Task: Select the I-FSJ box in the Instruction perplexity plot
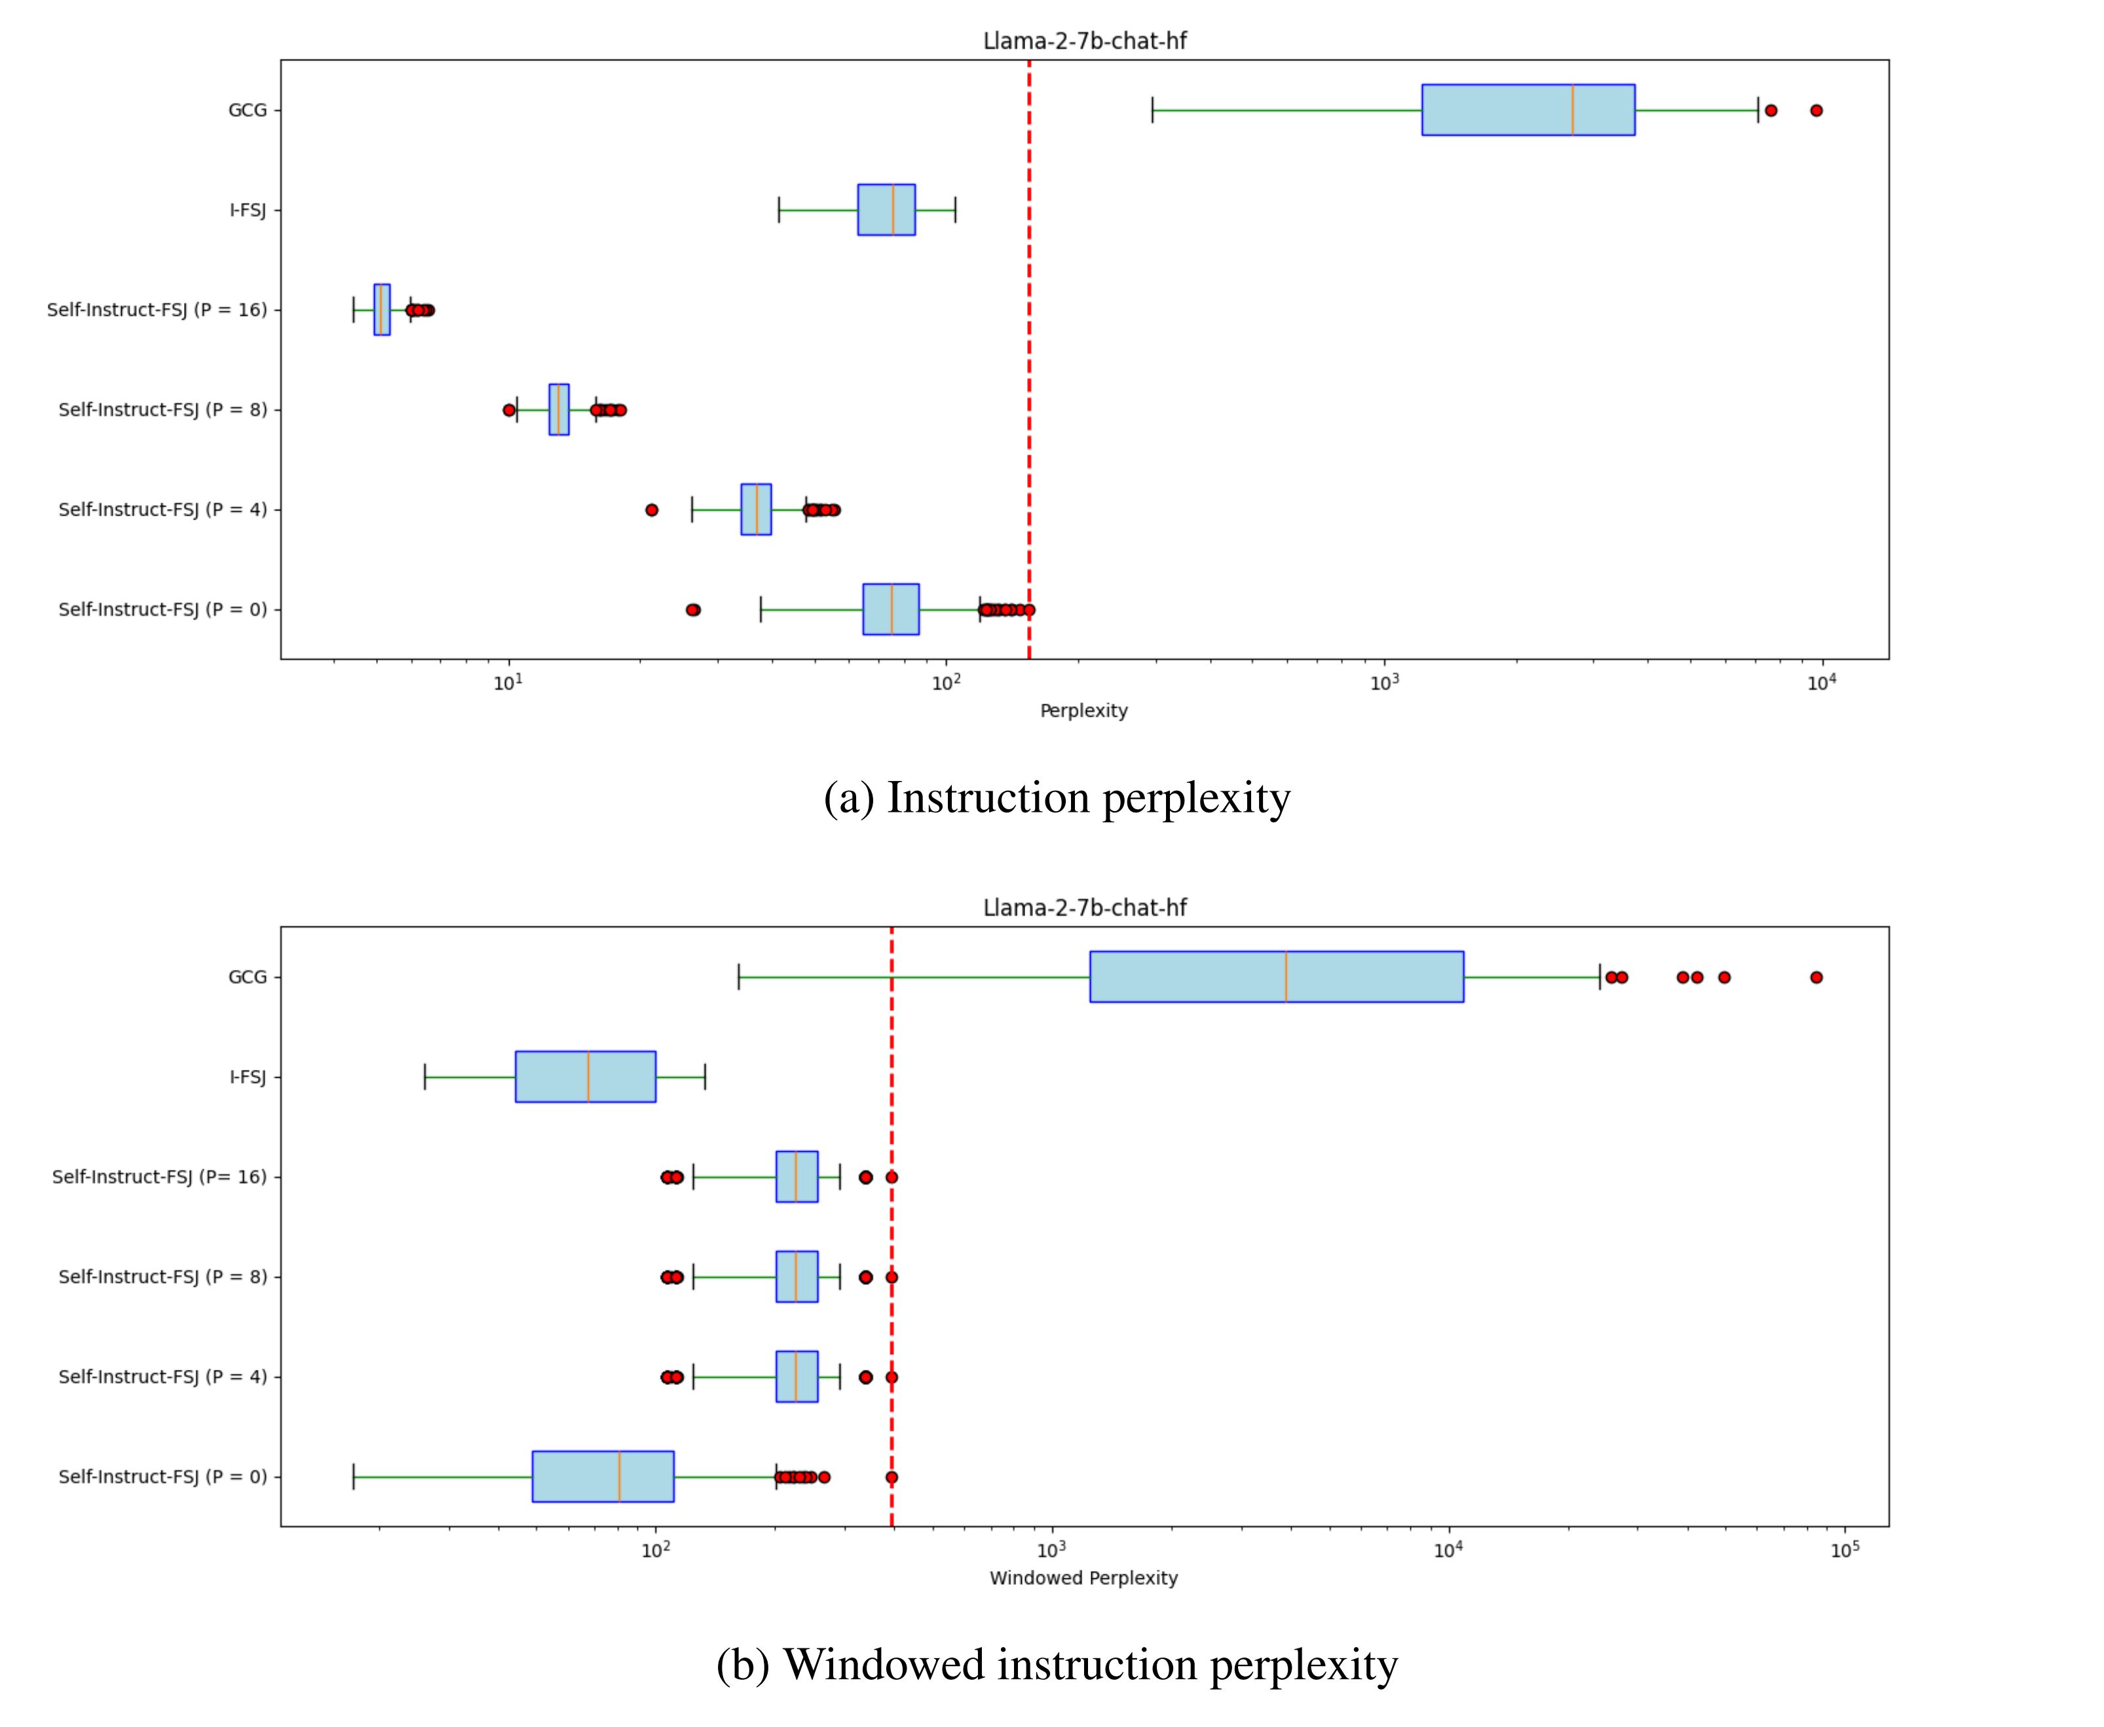click(886, 210)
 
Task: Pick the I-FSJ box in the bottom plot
click(585, 1076)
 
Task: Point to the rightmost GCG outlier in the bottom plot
click(1816, 977)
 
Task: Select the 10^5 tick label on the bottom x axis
click(1845, 1549)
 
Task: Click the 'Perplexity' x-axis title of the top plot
click(1083, 710)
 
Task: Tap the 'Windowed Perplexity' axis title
click(1083, 1578)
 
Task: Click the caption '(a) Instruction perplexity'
click(1057, 798)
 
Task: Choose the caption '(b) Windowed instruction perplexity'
click(1057, 1664)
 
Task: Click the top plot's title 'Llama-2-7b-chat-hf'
click(1084, 41)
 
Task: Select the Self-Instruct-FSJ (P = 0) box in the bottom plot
click(602, 1476)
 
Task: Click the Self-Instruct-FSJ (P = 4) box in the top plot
click(755, 509)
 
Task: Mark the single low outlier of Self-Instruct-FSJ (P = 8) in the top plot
click(510, 410)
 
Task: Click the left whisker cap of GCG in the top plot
click(1152, 109)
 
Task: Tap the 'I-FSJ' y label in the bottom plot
click(248, 1076)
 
